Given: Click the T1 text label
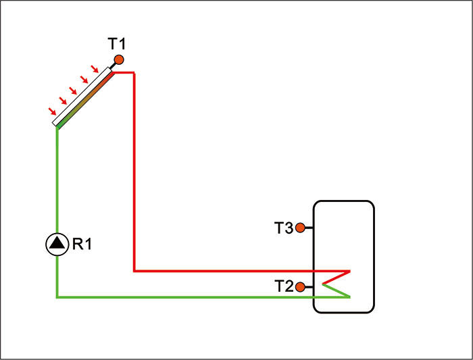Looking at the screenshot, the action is click(117, 45).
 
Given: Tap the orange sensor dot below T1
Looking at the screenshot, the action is click(119, 60).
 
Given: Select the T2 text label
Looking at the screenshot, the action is click(284, 286).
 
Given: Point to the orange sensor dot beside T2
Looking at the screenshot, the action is click(300, 286).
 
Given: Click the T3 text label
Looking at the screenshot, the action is click(284, 228).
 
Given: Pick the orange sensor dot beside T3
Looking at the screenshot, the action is click(300, 228).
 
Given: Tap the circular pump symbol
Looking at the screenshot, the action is click(57, 244).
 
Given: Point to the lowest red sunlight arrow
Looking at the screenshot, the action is click(52, 111).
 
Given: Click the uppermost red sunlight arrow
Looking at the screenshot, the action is click(95, 68).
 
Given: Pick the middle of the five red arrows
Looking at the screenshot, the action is click(74, 90).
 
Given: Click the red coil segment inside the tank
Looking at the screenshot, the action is click(336, 276).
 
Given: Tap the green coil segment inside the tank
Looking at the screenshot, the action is click(336, 290).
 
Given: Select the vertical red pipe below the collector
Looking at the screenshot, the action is click(135, 169).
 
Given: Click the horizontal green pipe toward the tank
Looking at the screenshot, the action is click(182, 297).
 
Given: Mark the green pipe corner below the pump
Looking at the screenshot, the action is click(57, 297).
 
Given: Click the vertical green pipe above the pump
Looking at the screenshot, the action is click(57, 182).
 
